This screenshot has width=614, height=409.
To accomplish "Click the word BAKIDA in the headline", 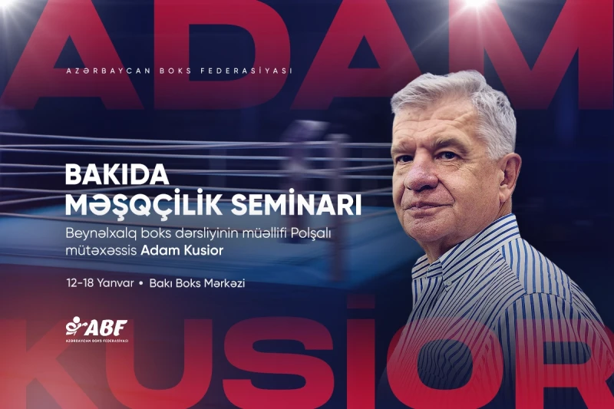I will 117,176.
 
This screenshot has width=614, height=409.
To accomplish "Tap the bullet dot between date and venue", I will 141,284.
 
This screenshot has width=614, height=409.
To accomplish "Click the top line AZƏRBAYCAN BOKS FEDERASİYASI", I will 180,71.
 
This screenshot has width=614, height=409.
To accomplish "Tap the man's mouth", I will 434,209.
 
